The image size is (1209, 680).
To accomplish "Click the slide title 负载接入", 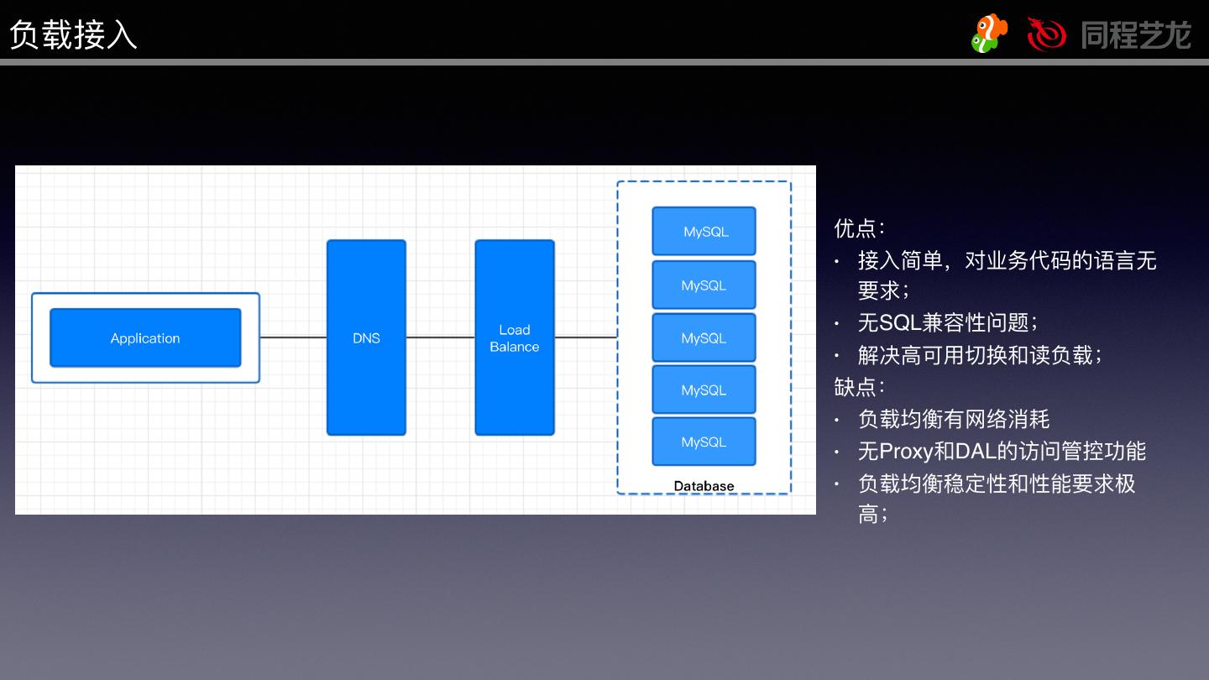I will [x=73, y=35].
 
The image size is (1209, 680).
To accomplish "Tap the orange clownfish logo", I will [x=989, y=34].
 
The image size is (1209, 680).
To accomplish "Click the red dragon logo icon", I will [x=1046, y=34].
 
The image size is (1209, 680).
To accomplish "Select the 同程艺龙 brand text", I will [x=1136, y=35].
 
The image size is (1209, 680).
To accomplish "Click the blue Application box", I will [x=145, y=338].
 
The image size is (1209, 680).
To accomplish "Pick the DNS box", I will [x=366, y=337].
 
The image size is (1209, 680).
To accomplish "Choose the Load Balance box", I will [x=515, y=337].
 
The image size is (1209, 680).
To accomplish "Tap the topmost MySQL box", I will [x=704, y=232].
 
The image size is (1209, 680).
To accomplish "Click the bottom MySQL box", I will [x=704, y=442].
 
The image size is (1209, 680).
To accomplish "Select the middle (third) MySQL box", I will [x=704, y=337].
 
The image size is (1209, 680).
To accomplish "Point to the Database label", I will [x=704, y=486].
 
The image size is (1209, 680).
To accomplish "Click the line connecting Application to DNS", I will [x=293, y=337].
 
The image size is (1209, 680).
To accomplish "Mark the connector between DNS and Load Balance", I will [x=441, y=337].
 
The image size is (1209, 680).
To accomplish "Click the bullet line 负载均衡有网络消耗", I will [x=954, y=419].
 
